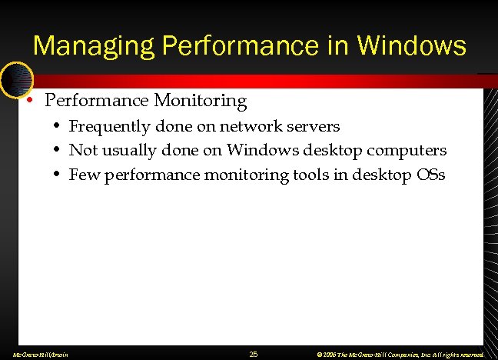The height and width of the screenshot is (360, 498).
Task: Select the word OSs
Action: pyautogui.click(x=430, y=175)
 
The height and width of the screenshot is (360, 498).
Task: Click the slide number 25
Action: pyautogui.click(x=254, y=354)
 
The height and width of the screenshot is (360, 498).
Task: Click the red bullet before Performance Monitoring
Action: pyautogui.click(x=28, y=101)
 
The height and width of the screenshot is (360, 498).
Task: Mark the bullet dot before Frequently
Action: pyautogui.click(x=58, y=126)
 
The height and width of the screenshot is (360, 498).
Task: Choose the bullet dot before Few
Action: pyautogui.click(x=58, y=175)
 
